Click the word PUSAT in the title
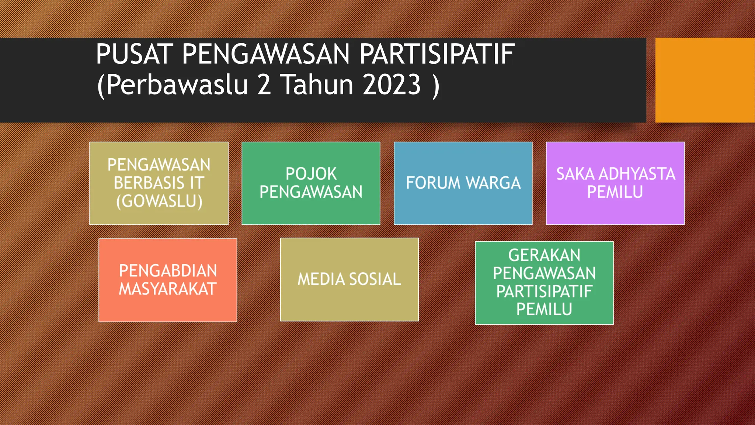click(x=134, y=54)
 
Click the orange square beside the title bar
click(x=704, y=80)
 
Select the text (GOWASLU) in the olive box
click(x=159, y=201)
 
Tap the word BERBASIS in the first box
click(x=149, y=183)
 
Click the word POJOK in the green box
click(x=311, y=174)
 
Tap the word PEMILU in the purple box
click(x=615, y=192)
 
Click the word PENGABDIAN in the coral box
click(x=168, y=271)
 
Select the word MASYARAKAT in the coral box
click(x=167, y=289)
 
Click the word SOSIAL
click(x=375, y=279)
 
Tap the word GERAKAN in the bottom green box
click(x=544, y=255)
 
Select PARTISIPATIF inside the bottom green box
click(x=544, y=291)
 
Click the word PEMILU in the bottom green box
click(x=544, y=309)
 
